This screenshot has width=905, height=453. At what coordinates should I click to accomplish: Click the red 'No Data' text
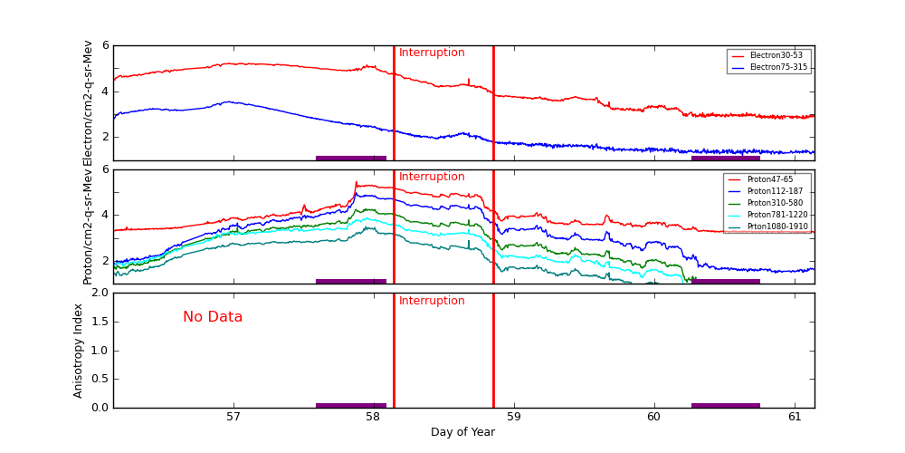[213, 317]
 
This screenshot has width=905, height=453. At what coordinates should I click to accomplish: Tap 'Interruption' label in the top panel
[432, 53]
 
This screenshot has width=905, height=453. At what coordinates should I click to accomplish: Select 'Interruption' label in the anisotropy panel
[432, 301]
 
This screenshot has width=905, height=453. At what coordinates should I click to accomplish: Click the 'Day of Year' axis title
[462, 432]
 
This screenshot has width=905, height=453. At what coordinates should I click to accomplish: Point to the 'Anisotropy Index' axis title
[79, 350]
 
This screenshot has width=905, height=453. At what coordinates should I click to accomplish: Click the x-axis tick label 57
[233, 417]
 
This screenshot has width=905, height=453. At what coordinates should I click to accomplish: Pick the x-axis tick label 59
[514, 417]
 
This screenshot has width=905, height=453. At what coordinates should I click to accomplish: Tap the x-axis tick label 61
[795, 417]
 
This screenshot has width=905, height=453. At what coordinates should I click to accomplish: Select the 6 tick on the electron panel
[105, 45]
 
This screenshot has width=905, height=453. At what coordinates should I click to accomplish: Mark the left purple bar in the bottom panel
[351, 405]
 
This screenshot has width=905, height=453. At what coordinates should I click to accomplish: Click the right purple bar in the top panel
[726, 158]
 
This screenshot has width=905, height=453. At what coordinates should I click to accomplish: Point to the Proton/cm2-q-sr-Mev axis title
[89, 226]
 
